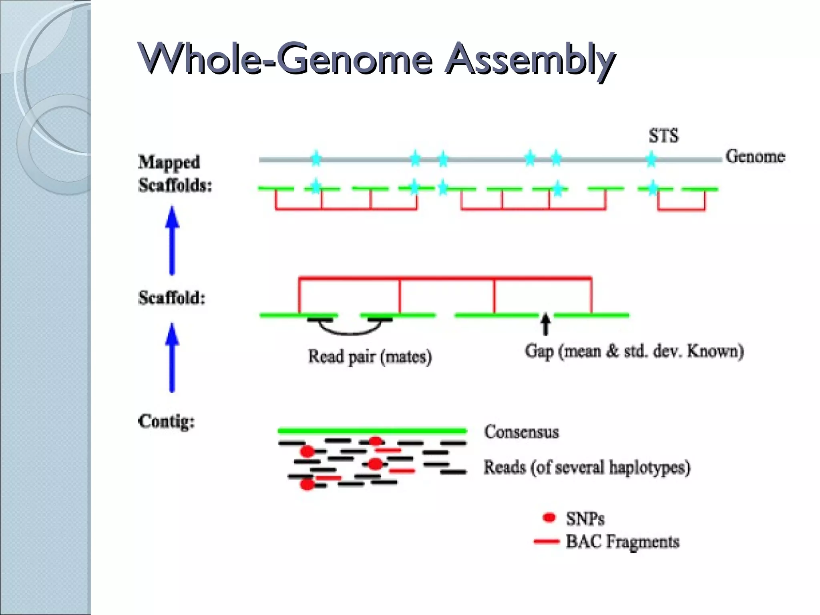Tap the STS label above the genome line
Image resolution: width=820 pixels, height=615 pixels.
[663, 136]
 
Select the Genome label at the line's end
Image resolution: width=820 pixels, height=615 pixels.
[755, 156]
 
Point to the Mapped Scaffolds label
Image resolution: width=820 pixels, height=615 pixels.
[175, 173]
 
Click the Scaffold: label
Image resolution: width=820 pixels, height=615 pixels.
[172, 298]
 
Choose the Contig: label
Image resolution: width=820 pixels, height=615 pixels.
[166, 422]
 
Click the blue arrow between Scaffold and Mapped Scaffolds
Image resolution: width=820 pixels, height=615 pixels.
[172, 240]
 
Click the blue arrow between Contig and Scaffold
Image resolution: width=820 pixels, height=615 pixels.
[172, 358]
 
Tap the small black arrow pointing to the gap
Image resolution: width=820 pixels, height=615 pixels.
[545, 324]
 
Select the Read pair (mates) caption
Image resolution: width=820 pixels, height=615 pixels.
[370, 356]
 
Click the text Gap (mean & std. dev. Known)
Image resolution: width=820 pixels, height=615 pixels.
[634, 351]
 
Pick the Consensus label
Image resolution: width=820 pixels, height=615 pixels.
[521, 432]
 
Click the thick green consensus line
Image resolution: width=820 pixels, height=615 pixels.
[372, 431]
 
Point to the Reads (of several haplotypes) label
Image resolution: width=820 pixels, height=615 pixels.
[587, 467]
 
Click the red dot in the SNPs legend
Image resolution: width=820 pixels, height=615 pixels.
[549, 517]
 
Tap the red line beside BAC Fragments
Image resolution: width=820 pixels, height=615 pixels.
[546, 541]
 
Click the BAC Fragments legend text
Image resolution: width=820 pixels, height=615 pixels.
[622, 541]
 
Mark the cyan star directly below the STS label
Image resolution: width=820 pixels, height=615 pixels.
[651, 159]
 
